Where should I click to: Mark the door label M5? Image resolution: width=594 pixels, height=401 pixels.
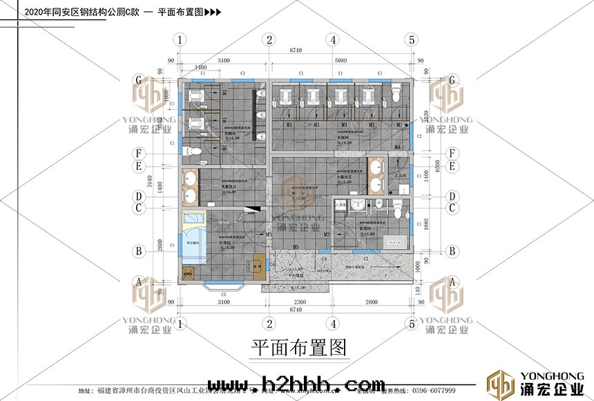pyautogui.click(x=295, y=247)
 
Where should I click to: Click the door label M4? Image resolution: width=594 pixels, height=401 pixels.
pyautogui.click(x=398, y=147)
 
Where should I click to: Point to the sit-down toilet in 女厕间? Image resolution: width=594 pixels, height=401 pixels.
pyautogui.click(x=396, y=93)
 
